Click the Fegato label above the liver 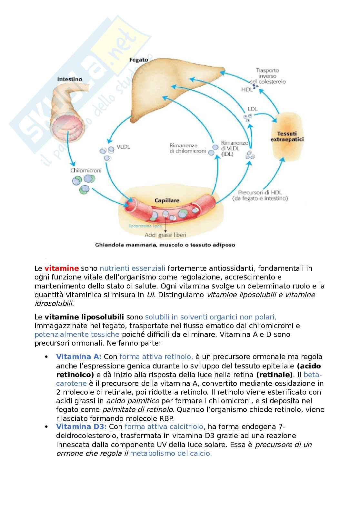139,60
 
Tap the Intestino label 70,79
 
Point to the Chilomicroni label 86,170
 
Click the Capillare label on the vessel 167,200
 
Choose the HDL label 247,90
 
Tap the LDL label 253,109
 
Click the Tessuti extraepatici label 287,136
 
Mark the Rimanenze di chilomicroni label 187,148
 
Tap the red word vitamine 62,268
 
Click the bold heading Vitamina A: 79,357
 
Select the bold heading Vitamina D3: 81,426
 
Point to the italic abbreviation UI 151,295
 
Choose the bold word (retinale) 275,375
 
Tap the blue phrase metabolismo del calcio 171,453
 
